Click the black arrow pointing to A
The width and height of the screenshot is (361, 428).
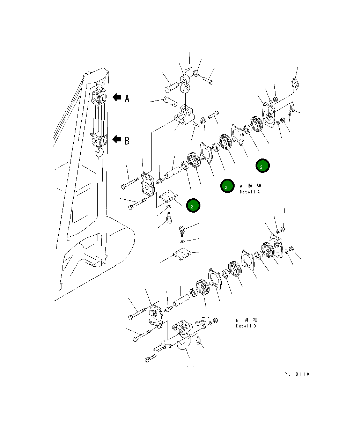117,97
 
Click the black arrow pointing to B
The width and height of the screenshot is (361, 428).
117,140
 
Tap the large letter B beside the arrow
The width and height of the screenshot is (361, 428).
127,141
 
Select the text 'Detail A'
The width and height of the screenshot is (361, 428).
250,192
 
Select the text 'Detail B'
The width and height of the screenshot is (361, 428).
246,326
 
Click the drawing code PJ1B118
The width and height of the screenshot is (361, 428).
296,374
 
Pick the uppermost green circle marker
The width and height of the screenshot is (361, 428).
263,166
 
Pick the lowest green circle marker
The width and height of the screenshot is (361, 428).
193,206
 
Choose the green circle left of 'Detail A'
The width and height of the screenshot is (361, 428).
227,186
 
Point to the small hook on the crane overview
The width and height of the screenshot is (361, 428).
100,153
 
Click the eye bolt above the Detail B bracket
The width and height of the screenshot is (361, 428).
182,230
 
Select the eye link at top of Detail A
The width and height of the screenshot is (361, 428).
185,82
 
